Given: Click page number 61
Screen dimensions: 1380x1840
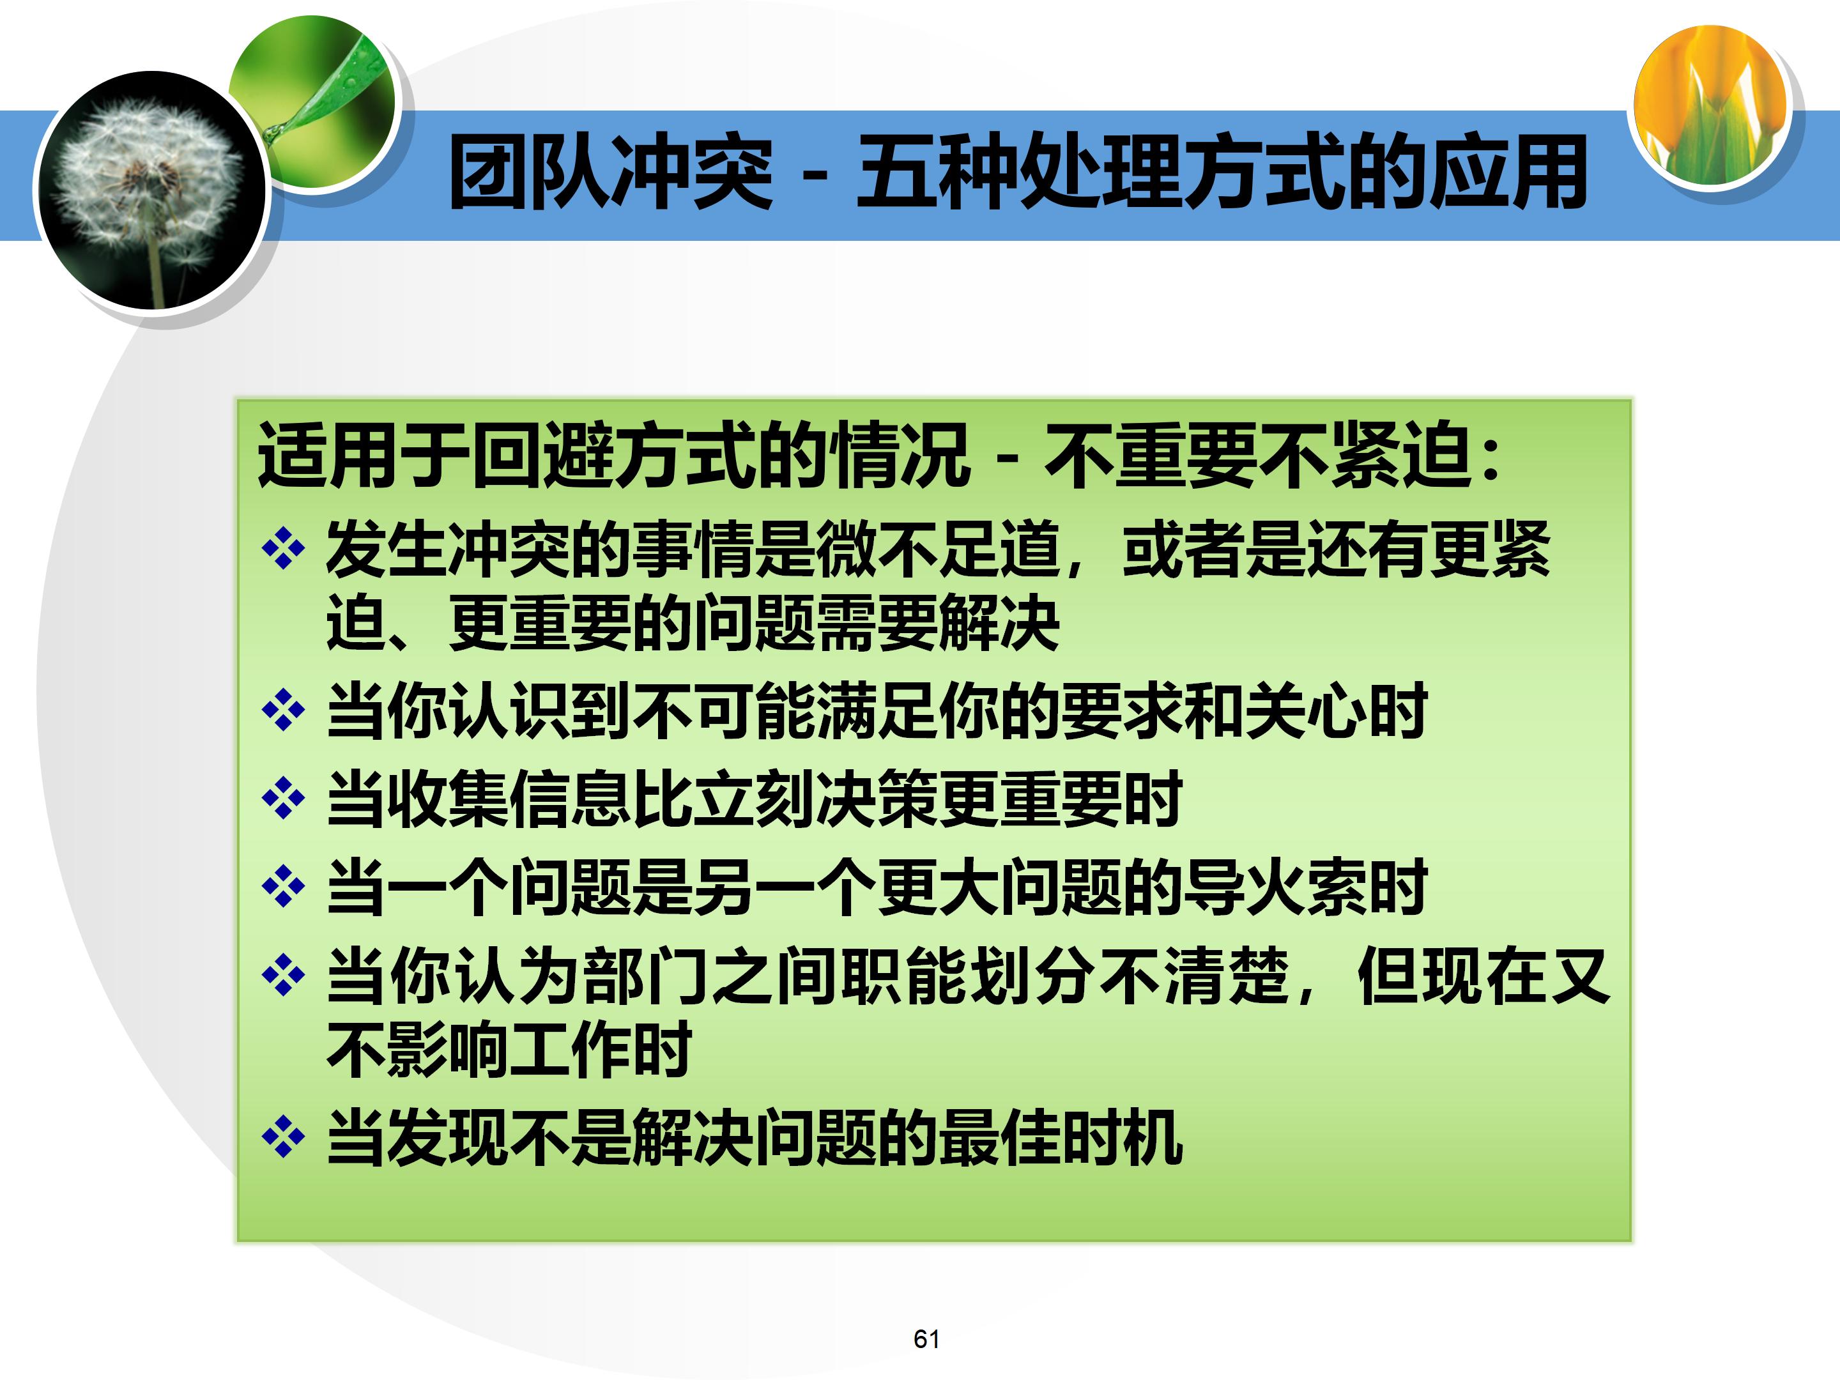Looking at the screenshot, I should click(x=926, y=1338).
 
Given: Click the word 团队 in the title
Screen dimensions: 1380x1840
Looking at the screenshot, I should click(x=528, y=173).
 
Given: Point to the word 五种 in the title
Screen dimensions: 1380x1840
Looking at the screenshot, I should click(x=936, y=173).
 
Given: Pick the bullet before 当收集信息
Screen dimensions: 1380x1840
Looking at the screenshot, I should click(x=283, y=799).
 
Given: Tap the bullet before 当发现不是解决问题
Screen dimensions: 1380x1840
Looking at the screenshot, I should click(x=283, y=1137).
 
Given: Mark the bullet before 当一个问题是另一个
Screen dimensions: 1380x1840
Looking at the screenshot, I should click(x=283, y=887).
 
